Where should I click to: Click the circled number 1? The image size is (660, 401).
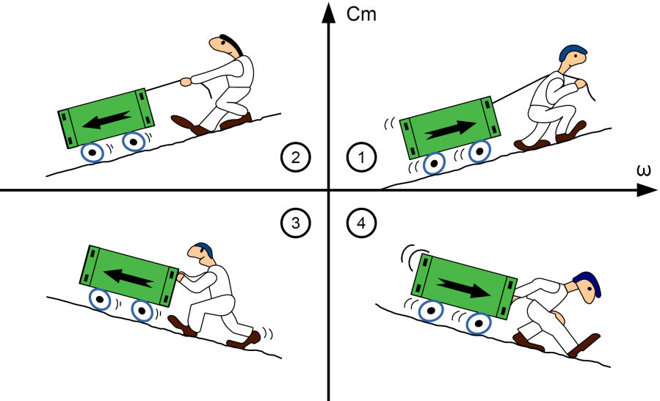362,157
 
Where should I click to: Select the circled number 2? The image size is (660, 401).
295,157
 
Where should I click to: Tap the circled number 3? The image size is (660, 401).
295,223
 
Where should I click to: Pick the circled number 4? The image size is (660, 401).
362,223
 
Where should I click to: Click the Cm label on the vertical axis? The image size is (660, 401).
361,14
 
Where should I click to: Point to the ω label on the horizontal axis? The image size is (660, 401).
644,171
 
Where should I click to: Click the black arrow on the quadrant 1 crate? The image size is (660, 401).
450,129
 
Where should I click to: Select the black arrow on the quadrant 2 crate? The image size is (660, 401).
106,119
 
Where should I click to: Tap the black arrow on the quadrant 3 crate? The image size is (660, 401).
128,278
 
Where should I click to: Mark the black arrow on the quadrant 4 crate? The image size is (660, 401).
463,288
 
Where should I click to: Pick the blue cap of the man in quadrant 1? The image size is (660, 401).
573,52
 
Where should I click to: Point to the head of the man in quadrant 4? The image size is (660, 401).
587,287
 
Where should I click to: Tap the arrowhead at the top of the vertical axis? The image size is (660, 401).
328,12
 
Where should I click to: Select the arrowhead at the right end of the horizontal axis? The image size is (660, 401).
647,190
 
